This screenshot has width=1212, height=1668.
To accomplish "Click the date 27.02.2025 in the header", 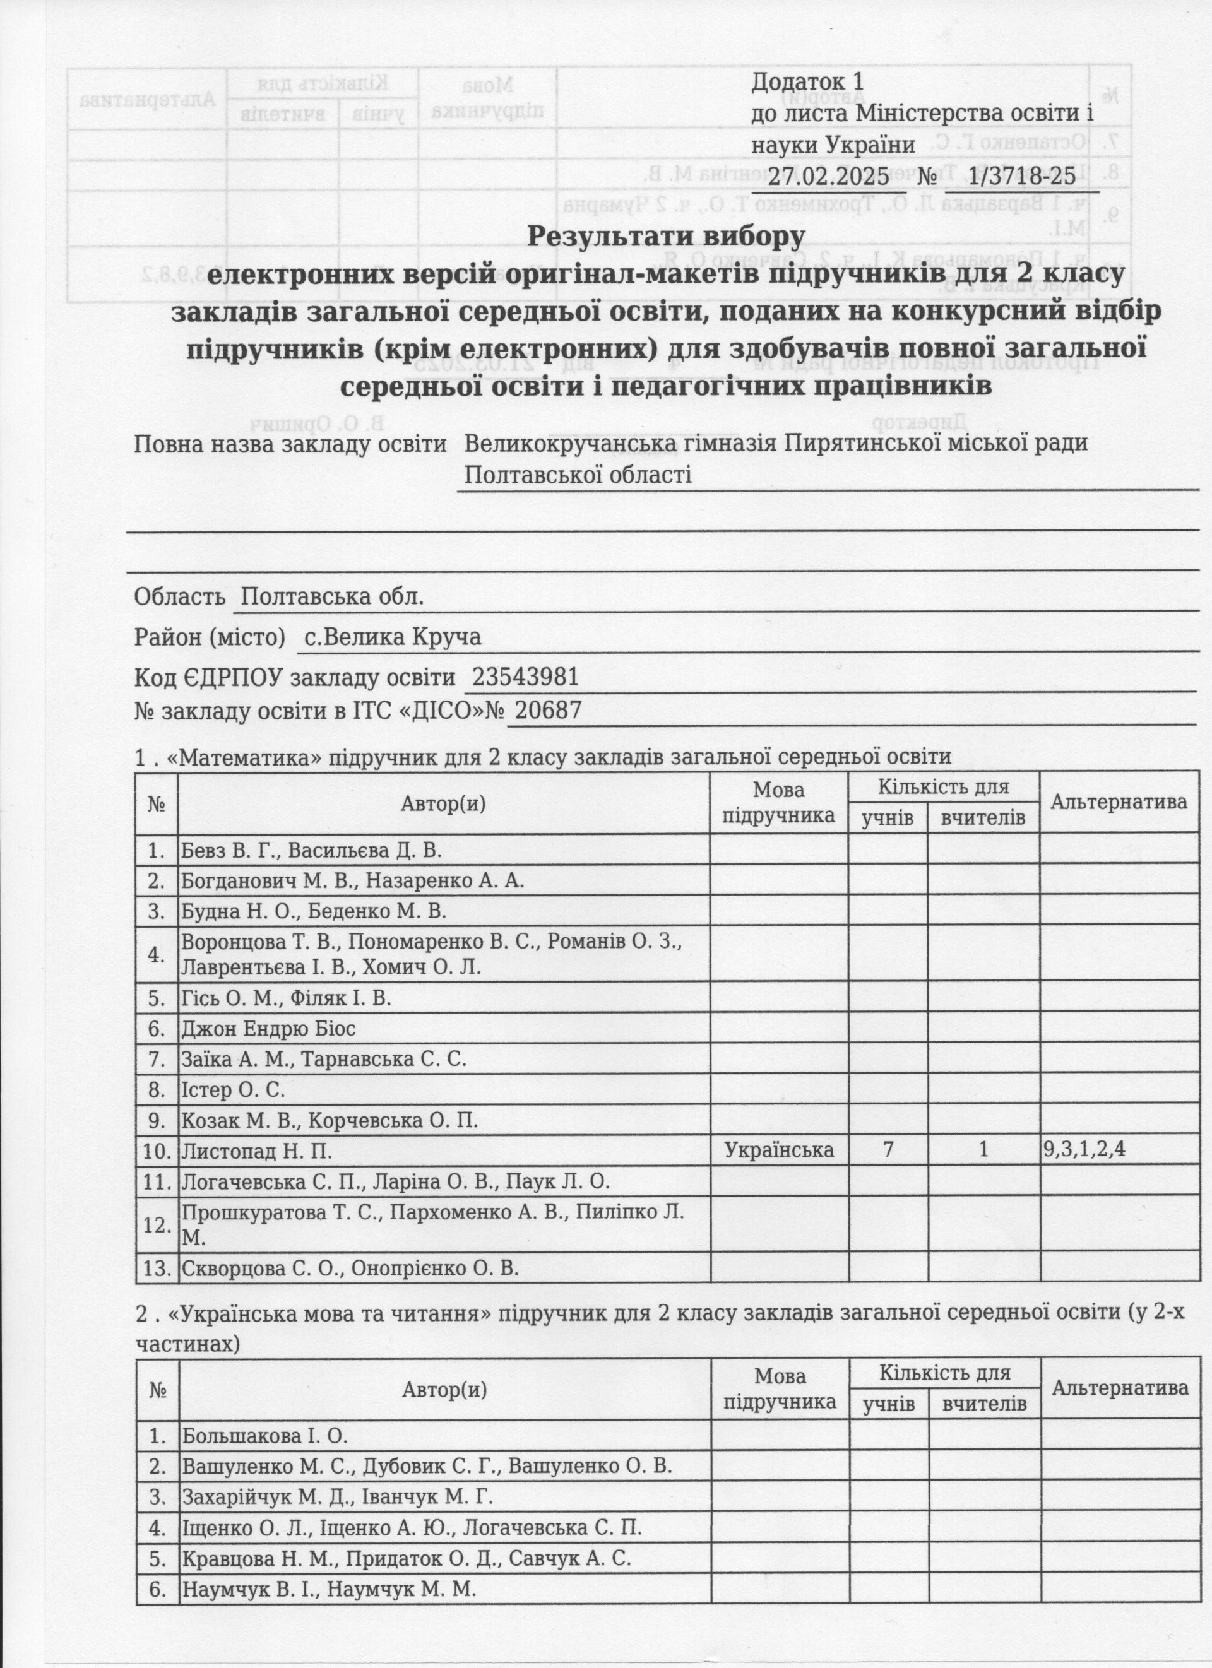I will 828,177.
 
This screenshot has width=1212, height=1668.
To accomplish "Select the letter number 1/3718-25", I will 1022,177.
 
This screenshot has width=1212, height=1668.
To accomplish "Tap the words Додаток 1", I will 806,80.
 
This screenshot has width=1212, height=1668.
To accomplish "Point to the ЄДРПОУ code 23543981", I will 525,677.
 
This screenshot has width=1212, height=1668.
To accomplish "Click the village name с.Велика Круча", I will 393,637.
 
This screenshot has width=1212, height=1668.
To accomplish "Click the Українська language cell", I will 779,1150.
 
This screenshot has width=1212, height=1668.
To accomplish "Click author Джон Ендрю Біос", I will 268,1028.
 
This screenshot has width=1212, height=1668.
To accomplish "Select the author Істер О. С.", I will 233,1089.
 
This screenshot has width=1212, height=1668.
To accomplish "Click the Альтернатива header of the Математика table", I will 1119,801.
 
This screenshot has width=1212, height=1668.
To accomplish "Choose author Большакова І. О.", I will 264,1436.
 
